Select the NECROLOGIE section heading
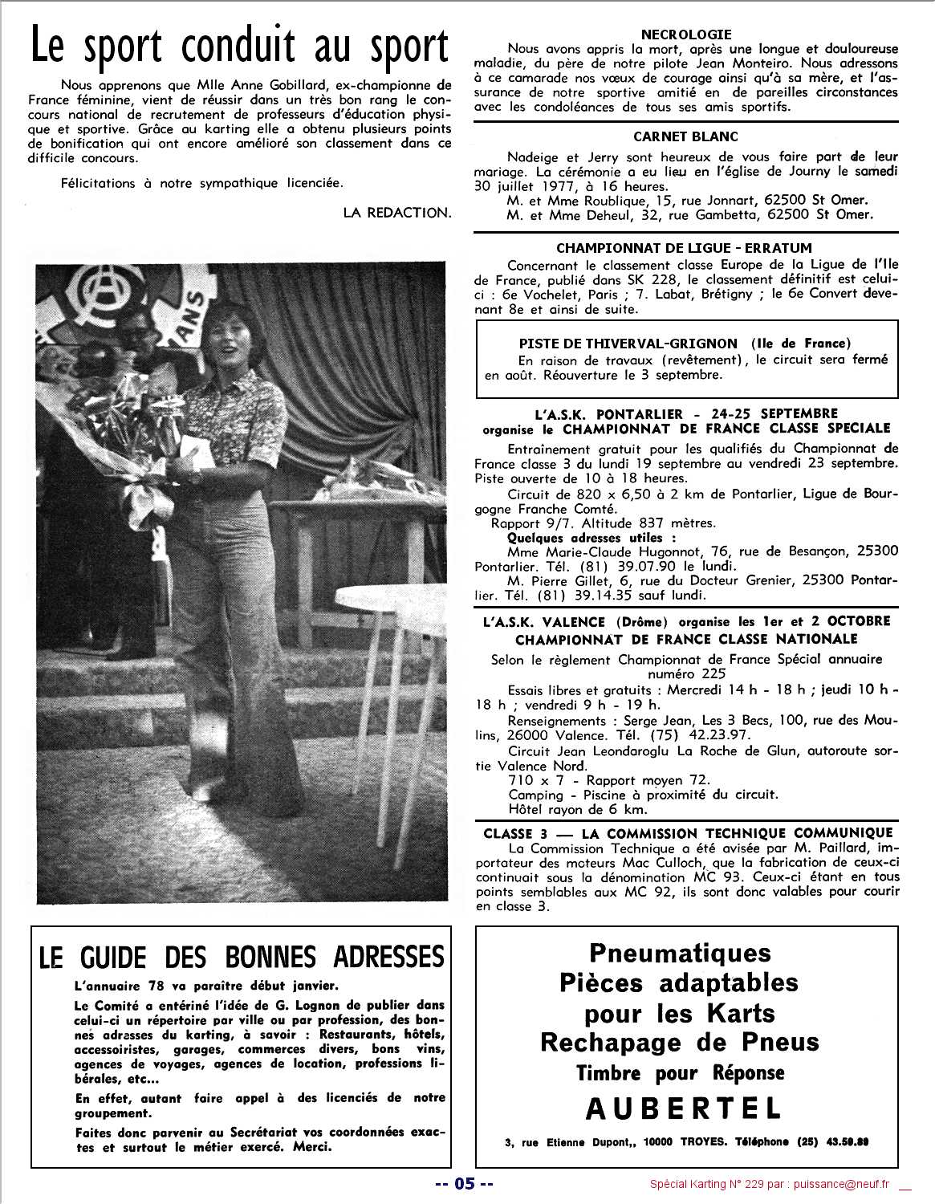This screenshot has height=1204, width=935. (686, 35)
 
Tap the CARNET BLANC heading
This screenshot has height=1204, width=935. (685, 136)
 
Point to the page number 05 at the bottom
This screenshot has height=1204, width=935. (464, 1183)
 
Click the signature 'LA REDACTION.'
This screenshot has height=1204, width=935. (397, 213)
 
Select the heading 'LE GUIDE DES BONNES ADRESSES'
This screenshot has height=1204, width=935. (242, 957)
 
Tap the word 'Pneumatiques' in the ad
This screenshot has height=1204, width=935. (681, 953)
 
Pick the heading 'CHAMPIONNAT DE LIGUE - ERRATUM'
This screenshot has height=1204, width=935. (684, 248)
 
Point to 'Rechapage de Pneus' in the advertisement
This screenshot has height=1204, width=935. (680, 1043)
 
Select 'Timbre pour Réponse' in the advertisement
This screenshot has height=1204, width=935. (681, 1073)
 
